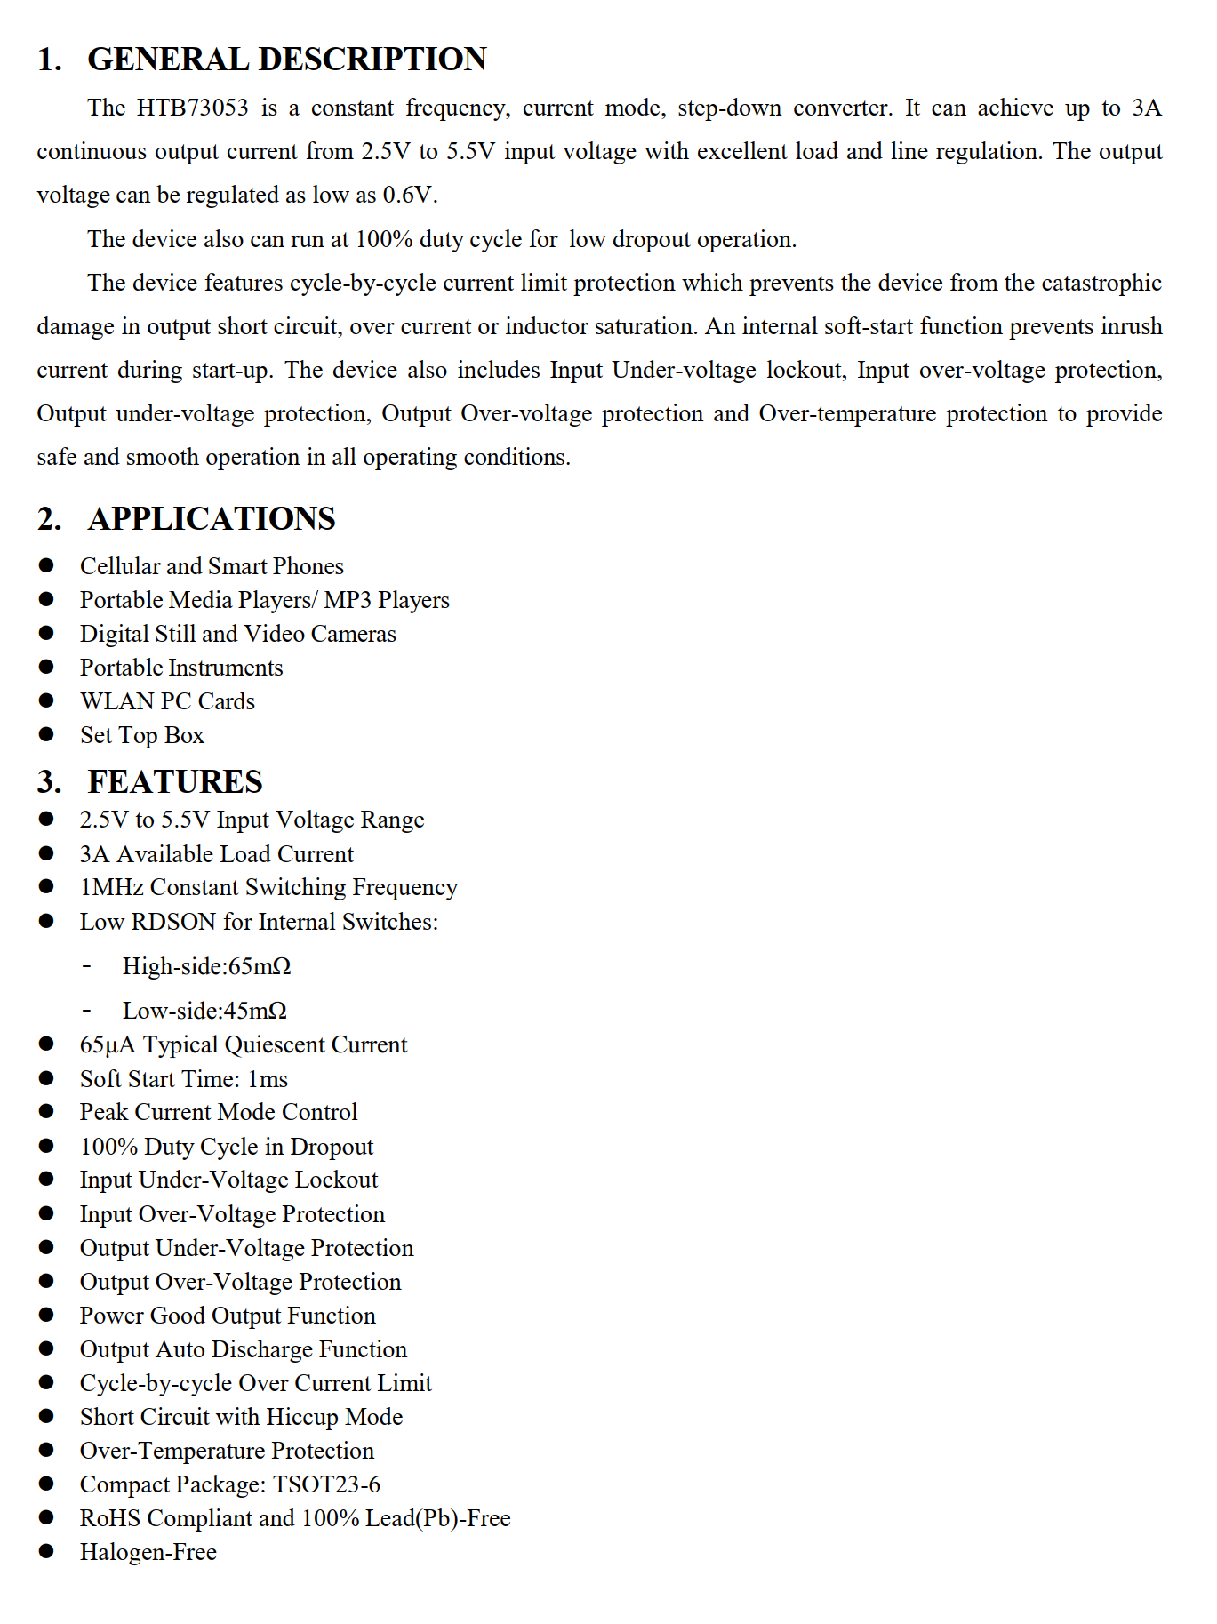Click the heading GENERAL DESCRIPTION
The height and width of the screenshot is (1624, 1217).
tap(286, 60)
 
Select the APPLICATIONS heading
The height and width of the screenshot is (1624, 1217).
tap(212, 519)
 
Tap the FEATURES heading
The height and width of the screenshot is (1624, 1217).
tap(175, 782)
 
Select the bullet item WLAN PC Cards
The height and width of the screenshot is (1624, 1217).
tap(167, 701)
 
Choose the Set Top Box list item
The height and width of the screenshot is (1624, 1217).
tap(142, 735)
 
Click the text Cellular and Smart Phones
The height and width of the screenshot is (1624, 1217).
tap(212, 566)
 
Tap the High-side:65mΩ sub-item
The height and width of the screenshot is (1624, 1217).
tap(206, 966)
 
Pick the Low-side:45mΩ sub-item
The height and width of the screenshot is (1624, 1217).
tap(204, 1011)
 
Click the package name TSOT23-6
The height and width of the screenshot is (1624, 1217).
tap(326, 1484)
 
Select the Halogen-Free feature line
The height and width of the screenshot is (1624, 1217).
tap(148, 1552)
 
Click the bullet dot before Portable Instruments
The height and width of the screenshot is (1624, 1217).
tap(46, 668)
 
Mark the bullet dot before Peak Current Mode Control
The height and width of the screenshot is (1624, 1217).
tap(46, 1112)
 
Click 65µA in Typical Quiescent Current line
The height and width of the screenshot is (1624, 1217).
tap(107, 1044)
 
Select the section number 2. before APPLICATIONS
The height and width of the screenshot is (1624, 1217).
tap(49, 519)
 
